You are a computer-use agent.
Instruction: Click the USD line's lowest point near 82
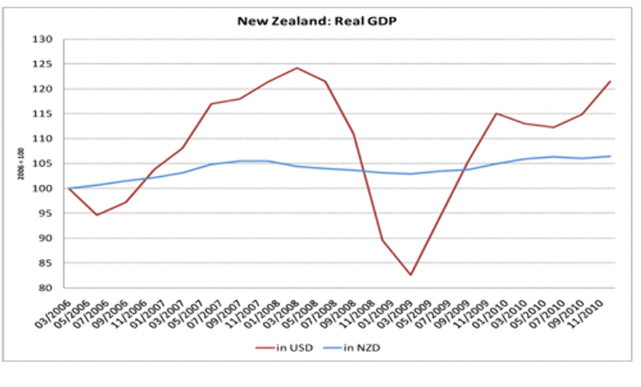(411, 275)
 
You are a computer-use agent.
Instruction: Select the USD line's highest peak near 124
(297, 68)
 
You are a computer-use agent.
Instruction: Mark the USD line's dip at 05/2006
(97, 215)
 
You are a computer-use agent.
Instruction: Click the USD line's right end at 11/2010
(611, 81)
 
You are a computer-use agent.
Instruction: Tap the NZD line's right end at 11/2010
(611, 156)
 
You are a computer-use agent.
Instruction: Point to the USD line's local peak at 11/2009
(497, 113)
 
